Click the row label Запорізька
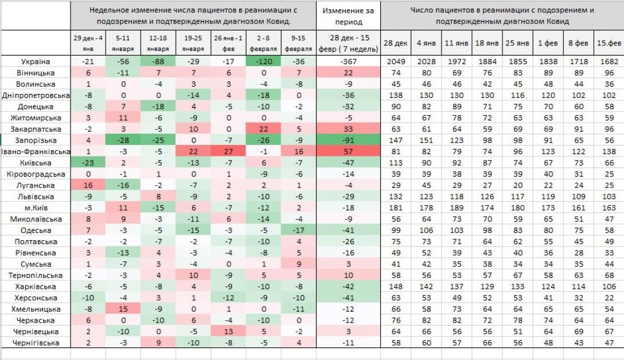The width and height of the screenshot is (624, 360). pyautogui.click(x=36, y=140)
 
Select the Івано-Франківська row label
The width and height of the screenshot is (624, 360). pyautogui.click(x=36, y=151)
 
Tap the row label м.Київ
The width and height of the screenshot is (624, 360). pyautogui.click(x=36, y=208)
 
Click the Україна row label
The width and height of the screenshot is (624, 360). pyautogui.click(x=36, y=62)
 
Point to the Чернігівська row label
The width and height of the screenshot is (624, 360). pyautogui.click(x=36, y=343)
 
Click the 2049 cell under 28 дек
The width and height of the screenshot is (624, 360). pyautogui.click(x=395, y=62)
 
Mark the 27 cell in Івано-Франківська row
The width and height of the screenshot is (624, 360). pyautogui.click(x=228, y=151)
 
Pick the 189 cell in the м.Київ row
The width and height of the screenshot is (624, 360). pyautogui.click(x=457, y=208)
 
